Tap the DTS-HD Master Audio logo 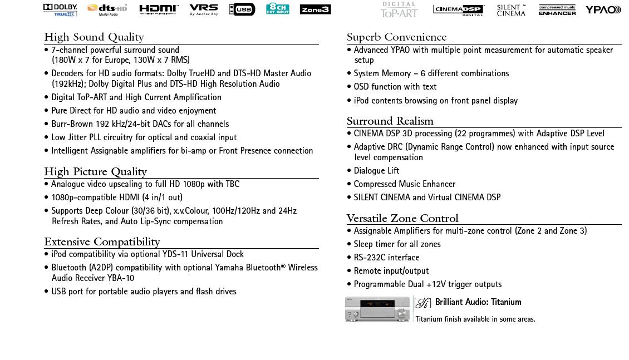pyautogui.click(x=107, y=9)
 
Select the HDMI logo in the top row pyautogui.click(x=159, y=9)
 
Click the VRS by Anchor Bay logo pyautogui.click(x=204, y=9)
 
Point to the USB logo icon pyautogui.click(x=242, y=9)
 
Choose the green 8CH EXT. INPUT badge pyautogui.click(x=277, y=8)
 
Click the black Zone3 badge pyautogui.click(x=315, y=9)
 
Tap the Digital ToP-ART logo pyautogui.click(x=399, y=9)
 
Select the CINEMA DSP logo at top pyautogui.click(x=459, y=10)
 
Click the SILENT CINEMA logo pyautogui.click(x=511, y=10)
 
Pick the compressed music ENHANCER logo pyautogui.click(x=557, y=10)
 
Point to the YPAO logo pyautogui.click(x=603, y=9)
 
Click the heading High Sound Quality pyautogui.click(x=94, y=37)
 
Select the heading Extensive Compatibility pyautogui.click(x=102, y=242)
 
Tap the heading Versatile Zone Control pyautogui.click(x=402, y=218)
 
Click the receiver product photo pyautogui.click(x=377, y=309)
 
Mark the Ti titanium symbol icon pyautogui.click(x=423, y=303)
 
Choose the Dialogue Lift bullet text pyautogui.click(x=376, y=171)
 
